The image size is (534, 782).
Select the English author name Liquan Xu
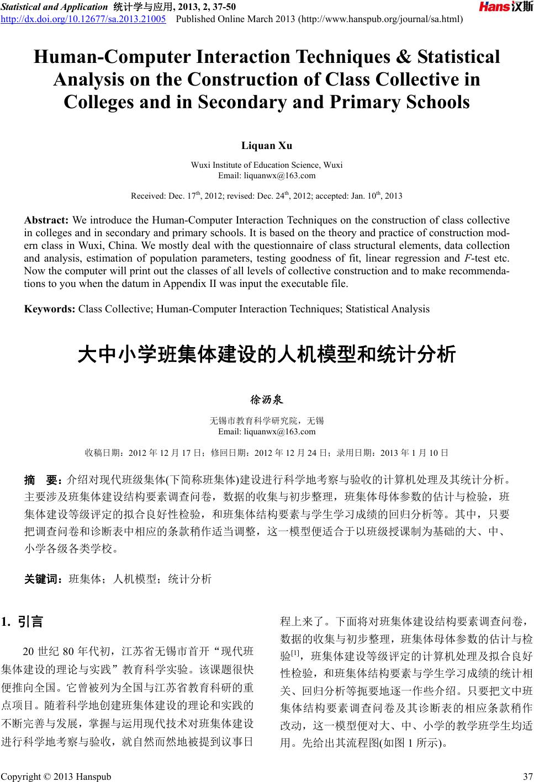[x=267, y=146]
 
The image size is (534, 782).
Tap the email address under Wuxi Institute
[x=267, y=175]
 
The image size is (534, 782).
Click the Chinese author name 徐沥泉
[x=267, y=399]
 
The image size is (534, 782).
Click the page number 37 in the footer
[x=527, y=777]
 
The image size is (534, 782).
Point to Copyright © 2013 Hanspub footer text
[x=55, y=777]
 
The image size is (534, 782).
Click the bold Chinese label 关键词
[x=43, y=579]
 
